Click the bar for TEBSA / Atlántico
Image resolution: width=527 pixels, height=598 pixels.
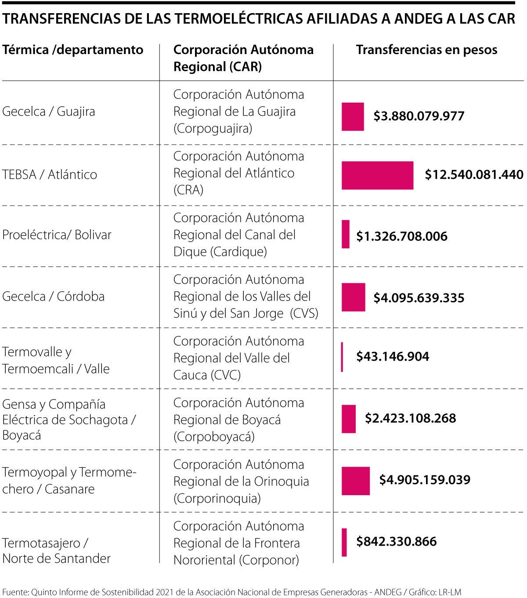(377, 175)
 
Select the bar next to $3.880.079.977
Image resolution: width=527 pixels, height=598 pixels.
(353, 116)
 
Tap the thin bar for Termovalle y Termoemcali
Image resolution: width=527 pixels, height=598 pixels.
(342, 357)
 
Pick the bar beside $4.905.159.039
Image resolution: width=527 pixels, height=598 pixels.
(356, 481)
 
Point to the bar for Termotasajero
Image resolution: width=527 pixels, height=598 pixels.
(344, 542)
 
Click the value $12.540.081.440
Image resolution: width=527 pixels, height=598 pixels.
(474, 175)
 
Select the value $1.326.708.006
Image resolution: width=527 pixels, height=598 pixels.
(401, 236)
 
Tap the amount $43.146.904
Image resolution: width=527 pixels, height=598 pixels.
(393, 356)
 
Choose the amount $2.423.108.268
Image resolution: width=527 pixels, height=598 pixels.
(410, 418)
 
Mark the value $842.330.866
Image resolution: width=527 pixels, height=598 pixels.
(396, 541)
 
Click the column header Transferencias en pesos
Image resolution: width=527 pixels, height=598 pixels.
(426, 50)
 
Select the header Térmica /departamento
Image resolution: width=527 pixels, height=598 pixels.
(73, 50)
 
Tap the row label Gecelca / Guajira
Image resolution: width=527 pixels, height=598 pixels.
(49, 112)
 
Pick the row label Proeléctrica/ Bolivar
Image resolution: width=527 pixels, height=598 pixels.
(57, 235)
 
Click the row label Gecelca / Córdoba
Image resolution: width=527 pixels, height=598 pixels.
(53, 297)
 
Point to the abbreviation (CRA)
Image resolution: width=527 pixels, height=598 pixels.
(188, 190)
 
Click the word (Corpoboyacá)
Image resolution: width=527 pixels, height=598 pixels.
(214, 437)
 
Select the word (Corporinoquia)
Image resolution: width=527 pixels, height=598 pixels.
(217, 498)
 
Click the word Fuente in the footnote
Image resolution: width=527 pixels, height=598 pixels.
(14, 592)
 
